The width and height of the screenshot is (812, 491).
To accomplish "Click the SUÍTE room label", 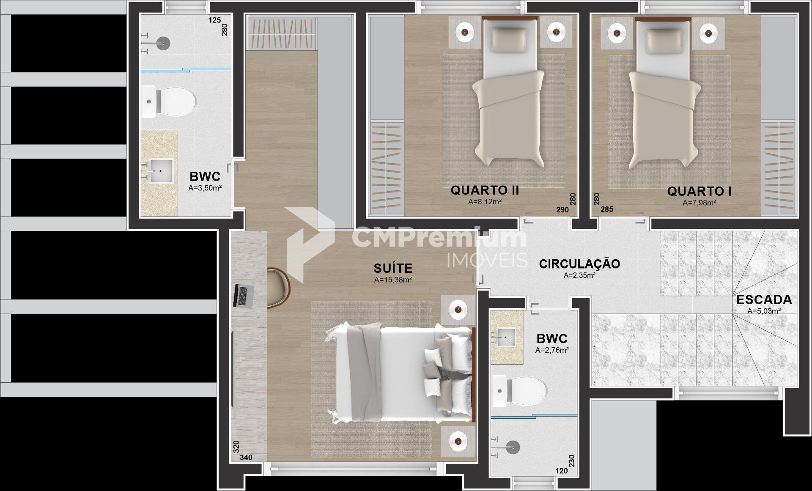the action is point(393,268).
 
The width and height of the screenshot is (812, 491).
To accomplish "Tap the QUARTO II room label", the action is point(485,190).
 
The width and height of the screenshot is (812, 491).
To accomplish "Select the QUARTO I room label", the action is point(699,191).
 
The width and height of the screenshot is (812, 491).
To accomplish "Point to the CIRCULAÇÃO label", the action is point(579,263).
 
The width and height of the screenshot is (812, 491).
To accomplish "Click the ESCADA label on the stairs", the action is point(764,300).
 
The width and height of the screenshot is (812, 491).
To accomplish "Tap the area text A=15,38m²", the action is point(393,280).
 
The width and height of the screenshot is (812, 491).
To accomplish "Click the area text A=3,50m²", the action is point(205,188).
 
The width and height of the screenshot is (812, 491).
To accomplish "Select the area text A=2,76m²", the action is point(552,350).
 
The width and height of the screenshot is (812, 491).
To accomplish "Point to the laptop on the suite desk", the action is point(244,296).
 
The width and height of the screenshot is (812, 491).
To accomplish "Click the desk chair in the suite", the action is point(279,286).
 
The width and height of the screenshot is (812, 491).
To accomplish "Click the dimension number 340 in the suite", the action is point(246,457).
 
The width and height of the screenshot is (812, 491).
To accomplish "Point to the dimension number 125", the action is point(215,20).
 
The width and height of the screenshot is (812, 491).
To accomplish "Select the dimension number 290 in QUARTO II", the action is point(562,210).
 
